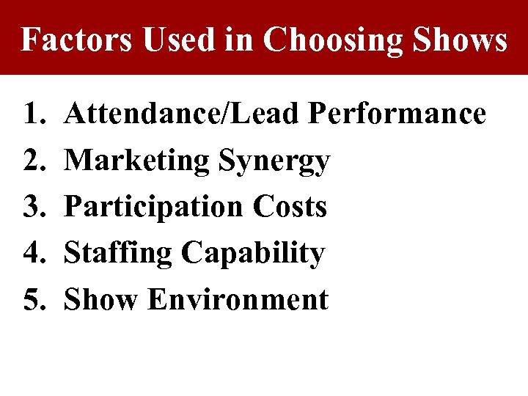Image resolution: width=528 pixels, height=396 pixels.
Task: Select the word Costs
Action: coord(290,207)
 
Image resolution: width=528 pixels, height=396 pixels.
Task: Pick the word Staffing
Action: coord(119,254)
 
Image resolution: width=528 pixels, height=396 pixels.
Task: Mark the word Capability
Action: coord(253,254)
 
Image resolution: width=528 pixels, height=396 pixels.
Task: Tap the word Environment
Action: coord(238,299)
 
